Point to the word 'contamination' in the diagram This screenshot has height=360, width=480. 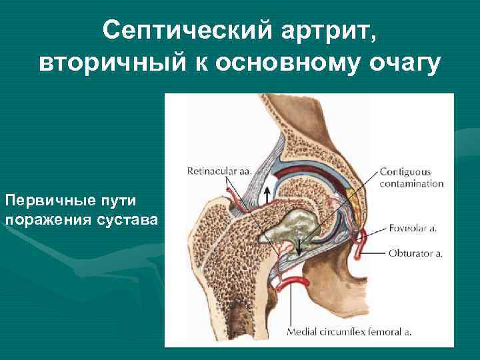coord(411,183)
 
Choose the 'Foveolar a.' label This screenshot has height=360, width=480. coord(414,229)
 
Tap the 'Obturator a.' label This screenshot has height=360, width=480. coord(416,253)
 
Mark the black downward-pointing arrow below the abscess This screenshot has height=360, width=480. coord(300,247)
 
